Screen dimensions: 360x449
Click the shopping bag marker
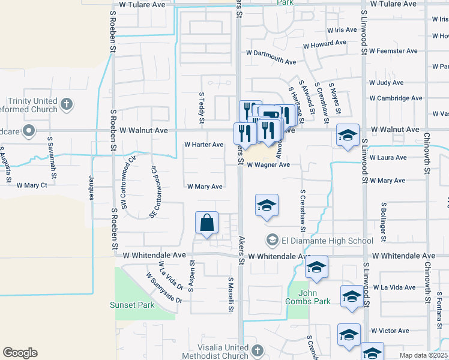pos(206,223)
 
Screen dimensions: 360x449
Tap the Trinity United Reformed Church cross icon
pos(67,104)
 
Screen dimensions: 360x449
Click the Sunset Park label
pos(132,305)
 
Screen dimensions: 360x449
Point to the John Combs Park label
pos(309,297)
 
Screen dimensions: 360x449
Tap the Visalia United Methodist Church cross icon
pos(257,350)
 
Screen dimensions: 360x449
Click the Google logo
pos(20,353)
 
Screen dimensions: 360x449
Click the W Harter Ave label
pos(203,145)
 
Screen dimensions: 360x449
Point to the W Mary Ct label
pos(32,185)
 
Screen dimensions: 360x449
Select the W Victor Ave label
pos(390,331)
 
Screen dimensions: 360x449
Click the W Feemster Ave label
pos(393,51)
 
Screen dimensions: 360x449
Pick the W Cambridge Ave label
pos(396,98)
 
